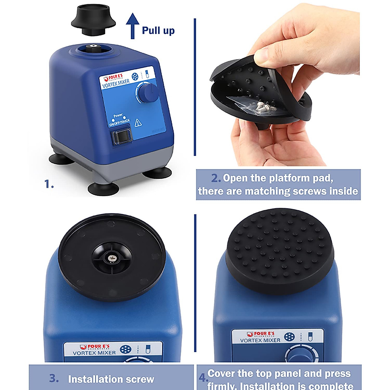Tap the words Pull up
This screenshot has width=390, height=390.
point(158,31)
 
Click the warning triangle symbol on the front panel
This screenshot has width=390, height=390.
point(138,123)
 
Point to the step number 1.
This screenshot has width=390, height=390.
point(49,184)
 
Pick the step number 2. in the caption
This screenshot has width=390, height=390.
point(216,178)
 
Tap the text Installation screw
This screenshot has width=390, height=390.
point(111,379)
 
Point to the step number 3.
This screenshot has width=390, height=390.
point(54,378)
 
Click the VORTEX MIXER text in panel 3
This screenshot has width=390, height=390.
point(94,353)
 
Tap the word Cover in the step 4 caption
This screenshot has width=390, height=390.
point(221,373)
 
